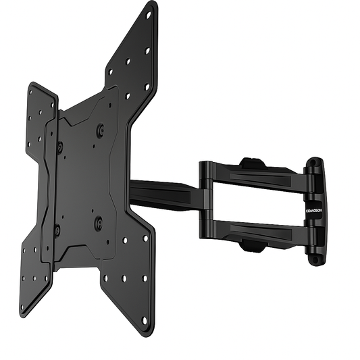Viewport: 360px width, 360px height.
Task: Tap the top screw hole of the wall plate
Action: coord(314,165)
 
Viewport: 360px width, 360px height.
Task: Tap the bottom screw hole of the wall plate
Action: coord(314,257)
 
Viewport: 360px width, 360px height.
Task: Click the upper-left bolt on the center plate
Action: coord(59,146)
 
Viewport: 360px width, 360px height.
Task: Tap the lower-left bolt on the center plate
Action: coord(57,230)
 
